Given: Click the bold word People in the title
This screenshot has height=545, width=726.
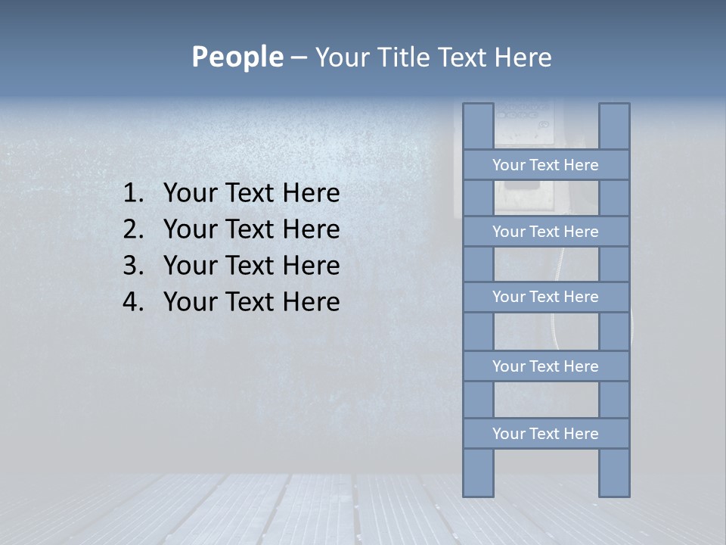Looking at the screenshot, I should coord(237,57).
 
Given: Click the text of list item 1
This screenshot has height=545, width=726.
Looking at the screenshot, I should coord(251,194).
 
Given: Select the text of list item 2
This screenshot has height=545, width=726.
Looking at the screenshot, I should coord(251,229).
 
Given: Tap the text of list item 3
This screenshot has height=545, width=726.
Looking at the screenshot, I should coord(251,266).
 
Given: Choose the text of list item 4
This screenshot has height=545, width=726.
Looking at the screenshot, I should coord(251,302).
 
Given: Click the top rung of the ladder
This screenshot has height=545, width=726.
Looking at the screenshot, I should coord(545,165).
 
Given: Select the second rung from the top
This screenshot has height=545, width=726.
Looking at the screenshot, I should coord(545,232).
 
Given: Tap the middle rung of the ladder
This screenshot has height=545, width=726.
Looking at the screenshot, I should coord(545,297).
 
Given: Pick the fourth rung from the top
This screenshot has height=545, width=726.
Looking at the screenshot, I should coord(545,366).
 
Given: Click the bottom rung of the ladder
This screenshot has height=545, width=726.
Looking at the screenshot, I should coord(545,434).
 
